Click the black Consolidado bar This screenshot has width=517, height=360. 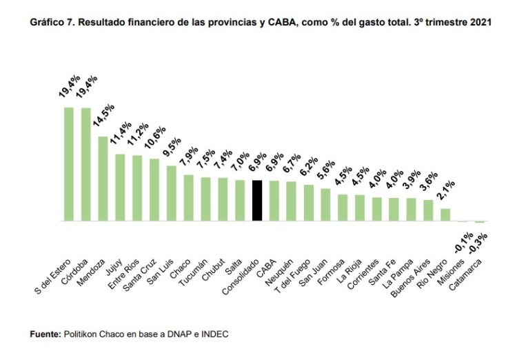pos(257,200)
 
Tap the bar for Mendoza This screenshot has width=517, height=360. pos(103,179)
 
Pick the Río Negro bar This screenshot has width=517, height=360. pos(445,214)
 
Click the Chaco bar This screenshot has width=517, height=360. pos(188,198)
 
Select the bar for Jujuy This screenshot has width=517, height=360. pos(120,187)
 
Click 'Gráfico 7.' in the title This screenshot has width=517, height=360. pos(50,23)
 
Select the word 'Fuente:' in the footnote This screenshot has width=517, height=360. pos(45,334)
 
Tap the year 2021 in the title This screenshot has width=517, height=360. pos(480,23)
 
